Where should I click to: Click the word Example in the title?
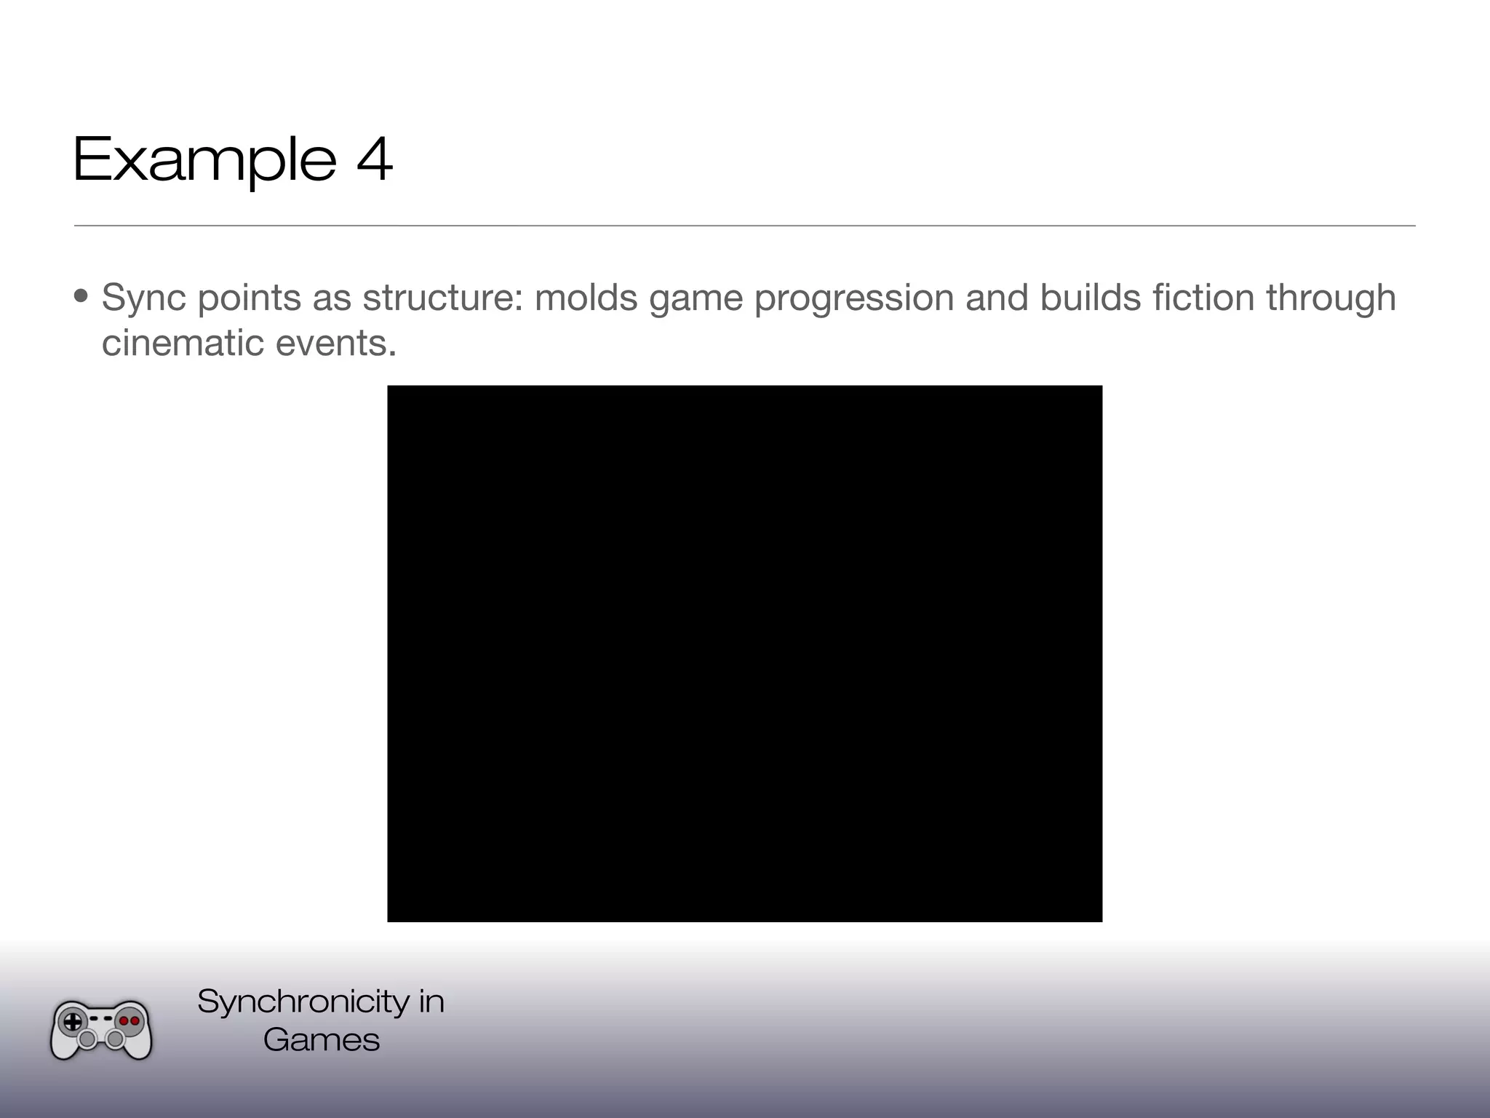204,159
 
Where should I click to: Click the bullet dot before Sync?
81,297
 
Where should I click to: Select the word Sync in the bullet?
143,298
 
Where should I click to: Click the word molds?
586,298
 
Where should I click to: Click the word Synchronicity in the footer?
303,1002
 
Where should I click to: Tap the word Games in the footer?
322,1039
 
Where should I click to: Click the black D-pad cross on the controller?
73,1021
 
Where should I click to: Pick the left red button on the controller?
124,1020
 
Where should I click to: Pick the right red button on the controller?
135,1020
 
